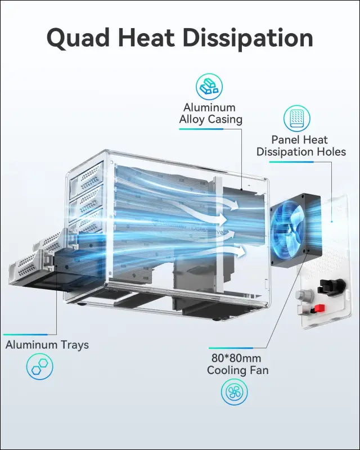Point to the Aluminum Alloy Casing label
(x=210, y=113)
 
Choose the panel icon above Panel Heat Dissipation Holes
(x=297, y=119)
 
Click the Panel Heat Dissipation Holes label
(x=301, y=146)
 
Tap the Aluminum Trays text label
(x=47, y=345)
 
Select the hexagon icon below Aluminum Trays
(x=40, y=368)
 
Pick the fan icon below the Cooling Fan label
(x=235, y=392)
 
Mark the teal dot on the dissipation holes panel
(x=332, y=221)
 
